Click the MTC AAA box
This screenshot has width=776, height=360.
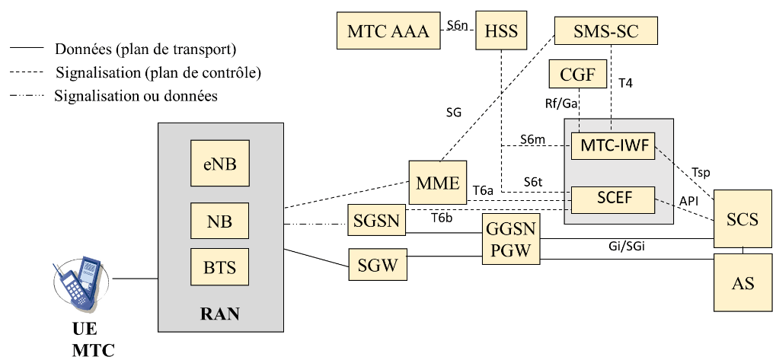388,31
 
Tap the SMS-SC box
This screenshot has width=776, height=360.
605,31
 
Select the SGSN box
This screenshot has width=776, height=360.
373,221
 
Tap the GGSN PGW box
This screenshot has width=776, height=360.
509,239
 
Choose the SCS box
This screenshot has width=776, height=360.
742,219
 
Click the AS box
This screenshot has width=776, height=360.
742,282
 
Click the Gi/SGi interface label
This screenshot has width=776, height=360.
623,247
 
